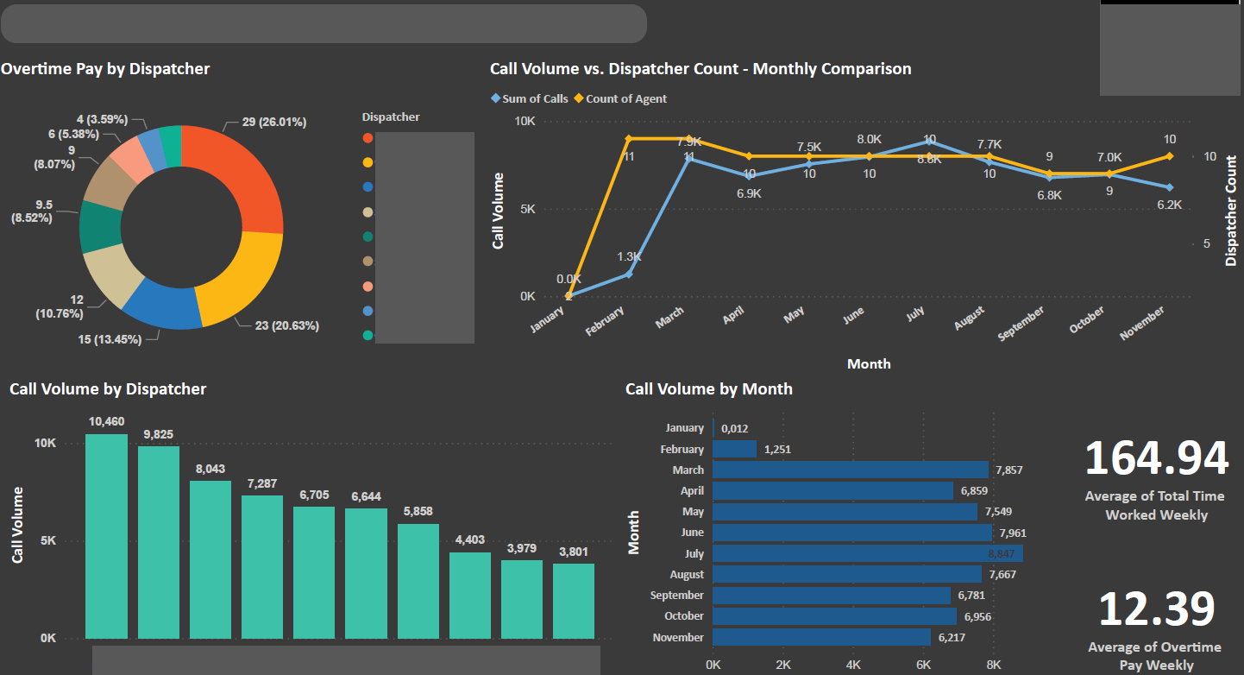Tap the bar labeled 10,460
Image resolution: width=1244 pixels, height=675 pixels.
coord(106,535)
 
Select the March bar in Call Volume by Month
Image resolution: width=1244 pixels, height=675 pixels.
coord(850,470)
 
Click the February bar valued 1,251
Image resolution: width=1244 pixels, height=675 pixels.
coord(734,449)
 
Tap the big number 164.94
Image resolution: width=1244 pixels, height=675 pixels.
coord(1156,458)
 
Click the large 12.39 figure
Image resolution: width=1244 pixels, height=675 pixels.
coord(1156,609)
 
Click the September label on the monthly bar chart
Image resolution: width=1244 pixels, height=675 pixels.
coord(677,596)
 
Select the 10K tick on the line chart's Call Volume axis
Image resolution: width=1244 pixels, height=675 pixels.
coord(525,122)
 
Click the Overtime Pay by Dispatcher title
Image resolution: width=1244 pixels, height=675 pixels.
coord(105,69)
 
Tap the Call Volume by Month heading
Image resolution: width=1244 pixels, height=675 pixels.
coord(708,389)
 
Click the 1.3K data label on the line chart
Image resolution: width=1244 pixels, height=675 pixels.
coord(630,257)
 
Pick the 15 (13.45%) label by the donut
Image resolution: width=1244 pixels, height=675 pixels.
coord(110,339)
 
